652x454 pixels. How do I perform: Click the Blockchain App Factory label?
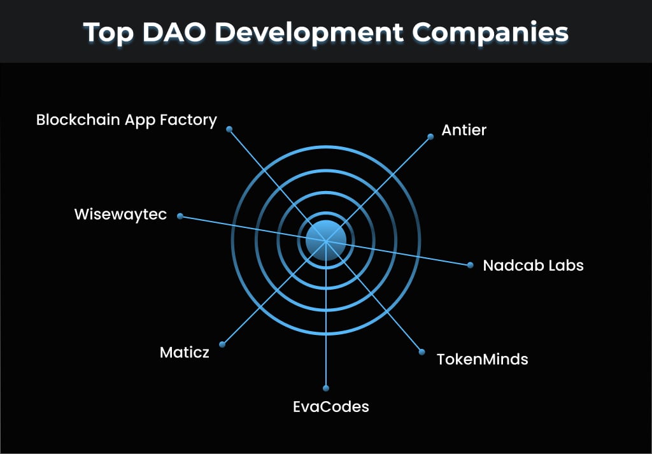click(x=126, y=120)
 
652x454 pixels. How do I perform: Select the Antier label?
click(x=464, y=131)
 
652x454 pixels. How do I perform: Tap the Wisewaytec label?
click(x=120, y=214)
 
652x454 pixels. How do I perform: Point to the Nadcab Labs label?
click(x=533, y=265)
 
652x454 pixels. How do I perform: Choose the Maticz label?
click(x=184, y=352)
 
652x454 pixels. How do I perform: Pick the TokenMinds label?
click(x=482, y=359)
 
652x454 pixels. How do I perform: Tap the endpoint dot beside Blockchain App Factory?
click(x=229, y=129)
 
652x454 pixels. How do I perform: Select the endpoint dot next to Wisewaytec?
click(x=180, y=216)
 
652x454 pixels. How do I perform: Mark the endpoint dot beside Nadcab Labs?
click(x=471, y=265)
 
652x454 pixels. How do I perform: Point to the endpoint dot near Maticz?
click(x=222, y=344)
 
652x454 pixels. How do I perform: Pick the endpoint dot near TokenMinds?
click(x=421, y=351)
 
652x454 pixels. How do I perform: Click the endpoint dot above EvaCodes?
click(x=326, y=388)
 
